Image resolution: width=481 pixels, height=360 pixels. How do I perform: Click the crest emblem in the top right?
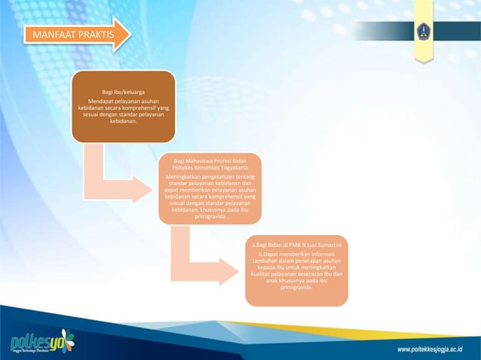[424, 31]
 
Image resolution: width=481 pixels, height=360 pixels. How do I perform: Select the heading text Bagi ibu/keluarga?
[124, 92]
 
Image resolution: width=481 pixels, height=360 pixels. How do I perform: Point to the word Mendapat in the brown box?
[103, 100]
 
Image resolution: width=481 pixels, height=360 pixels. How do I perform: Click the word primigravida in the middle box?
[210, 217]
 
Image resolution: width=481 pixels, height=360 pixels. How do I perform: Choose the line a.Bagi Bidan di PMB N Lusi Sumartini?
[297, 246]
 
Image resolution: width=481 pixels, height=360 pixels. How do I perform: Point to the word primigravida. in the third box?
[297, 287]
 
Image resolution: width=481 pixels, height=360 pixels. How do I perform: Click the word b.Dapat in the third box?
[268, 254]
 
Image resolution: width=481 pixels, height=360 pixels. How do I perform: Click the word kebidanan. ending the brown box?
[124, 121]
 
